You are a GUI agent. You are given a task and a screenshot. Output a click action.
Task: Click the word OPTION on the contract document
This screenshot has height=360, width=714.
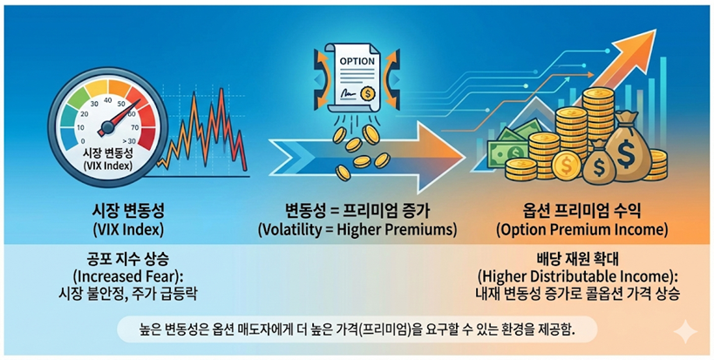pyautogui.click(x=357, y=60)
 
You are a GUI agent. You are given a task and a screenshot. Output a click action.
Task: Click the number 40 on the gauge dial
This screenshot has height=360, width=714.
pyautogui.click(x=108, y=100)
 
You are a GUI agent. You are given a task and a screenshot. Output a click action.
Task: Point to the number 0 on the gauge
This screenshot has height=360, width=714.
pyautogui.click(x=82, y=141)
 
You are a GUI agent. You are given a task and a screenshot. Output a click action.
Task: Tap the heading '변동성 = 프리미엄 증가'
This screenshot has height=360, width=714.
pyautogui.click(x=357, y=211)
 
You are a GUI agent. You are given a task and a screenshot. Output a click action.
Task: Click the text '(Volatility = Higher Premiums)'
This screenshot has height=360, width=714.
pyautogui.click(x=357, y=230)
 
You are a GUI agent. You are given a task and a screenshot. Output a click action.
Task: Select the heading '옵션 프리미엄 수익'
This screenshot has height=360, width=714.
pyautogui.click(x=581, y=211)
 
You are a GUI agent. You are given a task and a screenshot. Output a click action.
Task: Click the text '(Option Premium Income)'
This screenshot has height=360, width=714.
pyautogui.click(x=582, y=230)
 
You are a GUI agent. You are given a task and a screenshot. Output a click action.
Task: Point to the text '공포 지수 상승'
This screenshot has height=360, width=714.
pyautogui.click(x=128, y=260)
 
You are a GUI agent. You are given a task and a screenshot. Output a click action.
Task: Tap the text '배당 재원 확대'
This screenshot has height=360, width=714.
pyautogui.click(x=579, y=260)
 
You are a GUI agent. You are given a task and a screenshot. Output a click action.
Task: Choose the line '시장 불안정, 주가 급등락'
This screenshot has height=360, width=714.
pyautogui.click(x=128, y=294)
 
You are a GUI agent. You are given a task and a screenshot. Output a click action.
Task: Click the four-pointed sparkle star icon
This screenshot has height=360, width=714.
pyautogui.click(x=685, y=332)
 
